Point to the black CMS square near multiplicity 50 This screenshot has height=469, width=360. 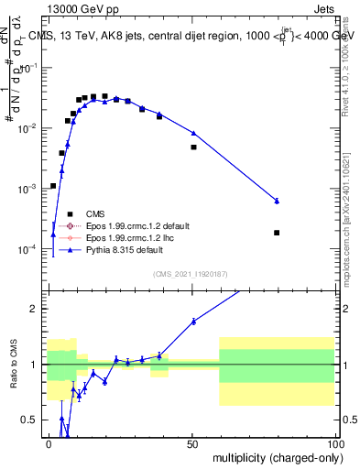click(x=193, y=147)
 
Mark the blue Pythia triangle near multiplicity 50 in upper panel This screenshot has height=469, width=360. click(x=193, y=133)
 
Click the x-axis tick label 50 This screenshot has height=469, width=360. click(x=191, y=443)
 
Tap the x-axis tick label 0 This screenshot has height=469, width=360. click(x=49, y=443)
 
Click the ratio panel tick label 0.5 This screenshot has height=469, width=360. click(x=33, y=420)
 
